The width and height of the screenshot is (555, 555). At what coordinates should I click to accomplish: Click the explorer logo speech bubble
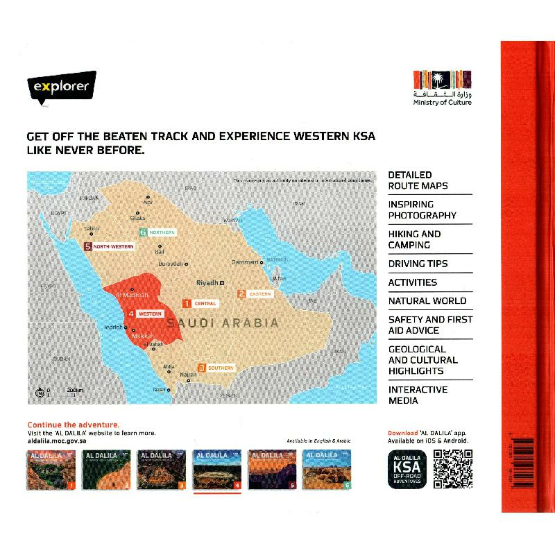pyautogui.click(x=61, y=88)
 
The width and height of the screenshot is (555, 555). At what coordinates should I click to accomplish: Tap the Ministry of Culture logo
pyautogui.click(x=442, y=86)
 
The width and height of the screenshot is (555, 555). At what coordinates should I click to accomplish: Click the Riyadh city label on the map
pyautogui.click(x=208, y=283)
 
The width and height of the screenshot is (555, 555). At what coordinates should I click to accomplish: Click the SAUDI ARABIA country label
pyautogui.click(x=228, y=323)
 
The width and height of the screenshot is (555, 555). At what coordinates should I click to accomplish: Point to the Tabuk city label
pyautogui.click(x=92, y=228)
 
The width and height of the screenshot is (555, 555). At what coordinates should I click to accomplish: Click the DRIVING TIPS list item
pyautogui.click(x=418, y=264)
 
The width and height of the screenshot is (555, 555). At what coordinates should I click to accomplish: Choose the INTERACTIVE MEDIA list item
pyautogui.click(x=418, y=395)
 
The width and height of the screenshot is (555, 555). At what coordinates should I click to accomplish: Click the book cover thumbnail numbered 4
pyautogui.click(x=216, y=470)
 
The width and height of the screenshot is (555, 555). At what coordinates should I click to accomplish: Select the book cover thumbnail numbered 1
pyautogui.click(x=51, y=470)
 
